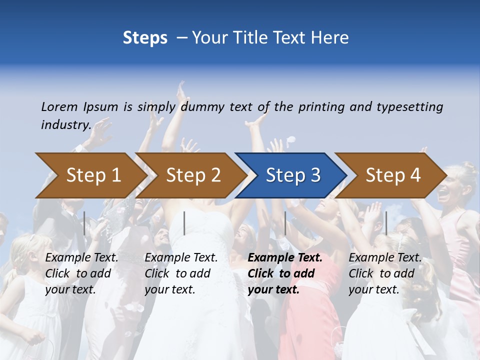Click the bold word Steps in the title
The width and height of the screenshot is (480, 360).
[145, 37]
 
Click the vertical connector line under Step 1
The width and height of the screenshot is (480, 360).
[84, 223]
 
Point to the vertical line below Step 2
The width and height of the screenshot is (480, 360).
[184, 223]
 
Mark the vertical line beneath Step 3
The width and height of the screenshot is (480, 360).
[285, 223]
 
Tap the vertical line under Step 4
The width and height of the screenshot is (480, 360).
[386, 223]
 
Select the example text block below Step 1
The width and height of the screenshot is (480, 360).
[81, 273]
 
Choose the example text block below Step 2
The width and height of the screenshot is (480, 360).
[181, 273]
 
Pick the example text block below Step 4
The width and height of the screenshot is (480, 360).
[385, 273]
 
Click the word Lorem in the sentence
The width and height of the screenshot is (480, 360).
[59, 106]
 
